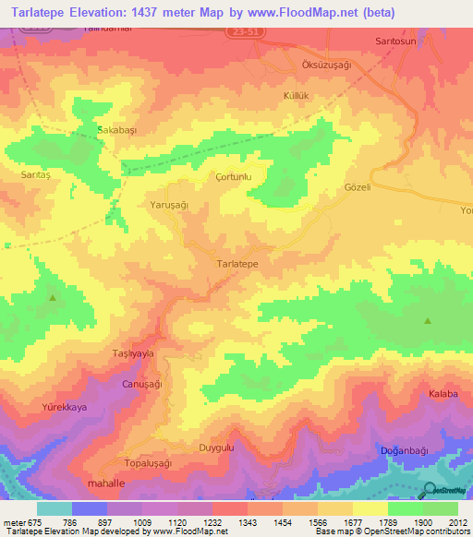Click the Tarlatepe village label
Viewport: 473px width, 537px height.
coord(236,264)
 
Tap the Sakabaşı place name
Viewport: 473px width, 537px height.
coord(117,131)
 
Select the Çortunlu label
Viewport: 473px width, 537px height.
coord(233,176)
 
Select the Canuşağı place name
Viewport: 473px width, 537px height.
coord(142,383)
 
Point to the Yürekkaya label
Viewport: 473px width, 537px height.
coord(64,407)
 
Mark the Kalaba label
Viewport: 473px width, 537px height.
coord(443,394)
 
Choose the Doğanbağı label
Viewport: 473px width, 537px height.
coord(406,450)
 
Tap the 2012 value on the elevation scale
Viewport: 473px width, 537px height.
coord(458,521)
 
